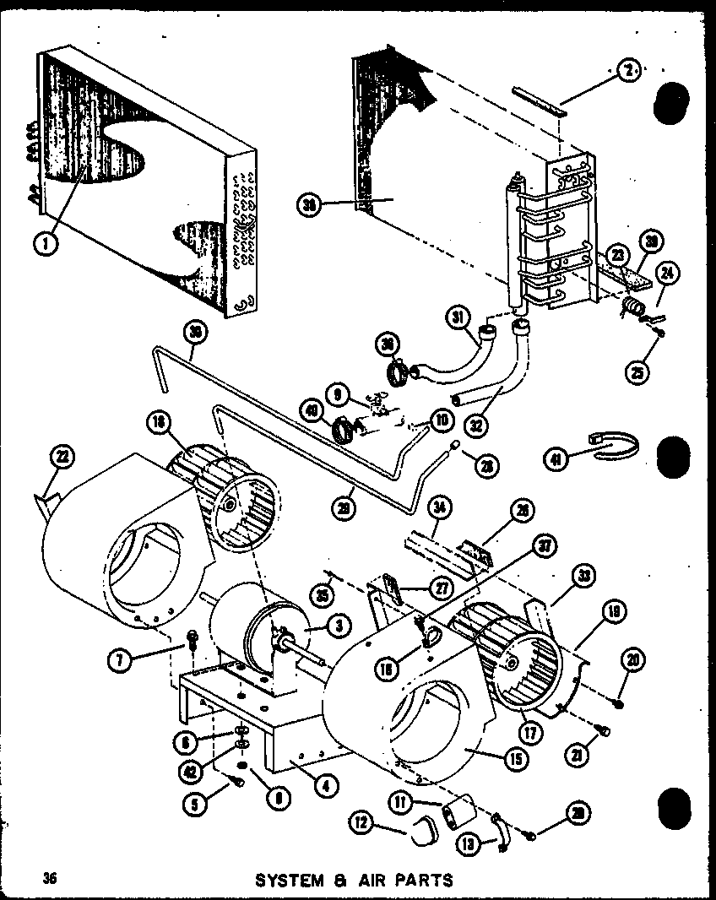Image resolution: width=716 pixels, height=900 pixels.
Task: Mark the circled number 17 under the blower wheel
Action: [529, 734]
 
